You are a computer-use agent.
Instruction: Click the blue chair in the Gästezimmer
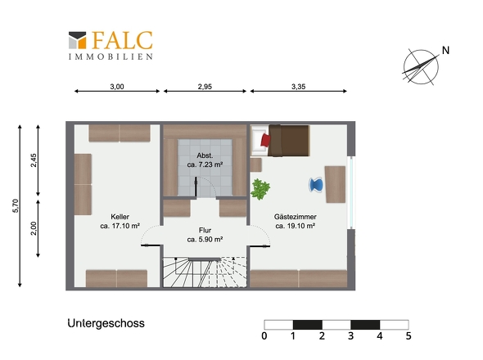tap(316, 185)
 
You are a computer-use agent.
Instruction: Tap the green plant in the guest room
tap(260, 189)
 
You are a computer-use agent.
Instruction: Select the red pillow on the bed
tap(265, 140)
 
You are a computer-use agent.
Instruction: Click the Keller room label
tap(120, 217)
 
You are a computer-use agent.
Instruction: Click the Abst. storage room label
tap(205, 155)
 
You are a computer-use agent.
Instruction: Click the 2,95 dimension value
tap(205, 87)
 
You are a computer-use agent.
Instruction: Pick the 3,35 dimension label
tap(299, 87)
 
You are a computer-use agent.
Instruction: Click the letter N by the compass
tap(445, 50)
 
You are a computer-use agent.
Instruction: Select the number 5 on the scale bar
tap(409, 335)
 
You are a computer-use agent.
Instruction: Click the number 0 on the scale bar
tap(264, 335)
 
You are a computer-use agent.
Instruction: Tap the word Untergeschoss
tap(106, 324)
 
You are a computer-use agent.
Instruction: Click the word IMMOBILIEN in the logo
tap(111, 56)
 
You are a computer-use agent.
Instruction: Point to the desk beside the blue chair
tap(335, 184)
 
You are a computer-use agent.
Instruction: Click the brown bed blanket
tap(289, 141)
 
